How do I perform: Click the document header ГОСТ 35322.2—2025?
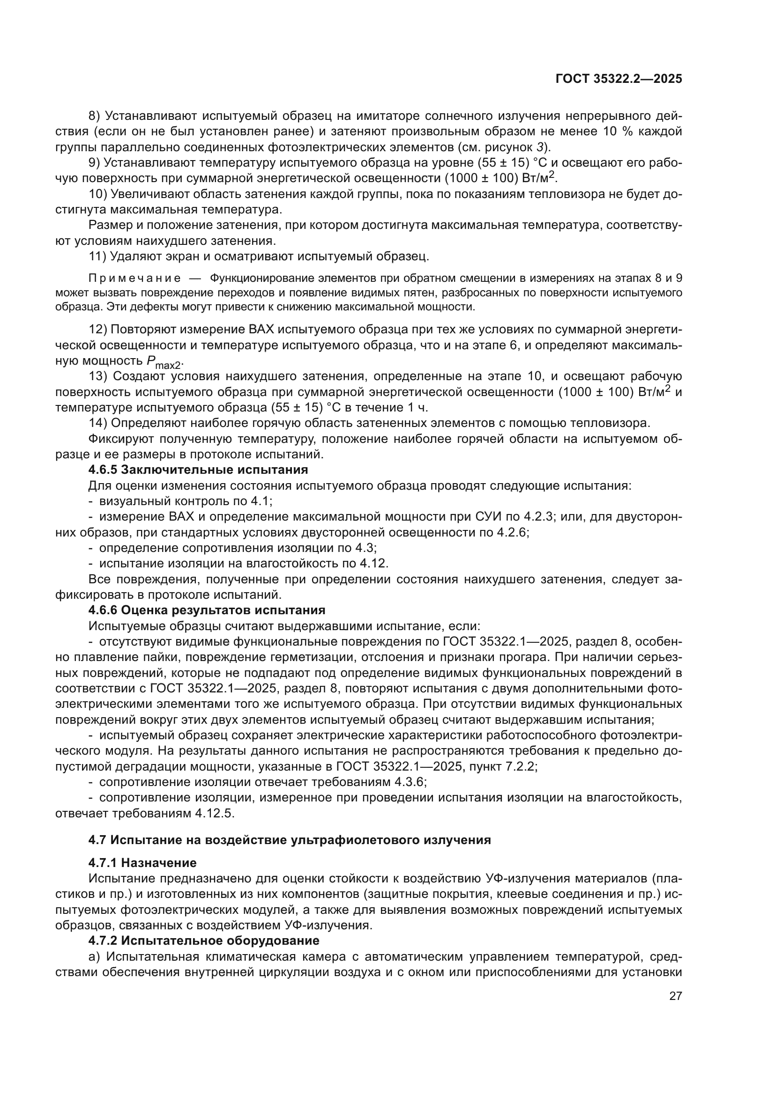(619, 79)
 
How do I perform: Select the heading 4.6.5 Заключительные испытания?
(198, 470)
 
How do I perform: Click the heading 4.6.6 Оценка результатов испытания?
(207, 610)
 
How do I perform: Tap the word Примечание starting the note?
(134, 278)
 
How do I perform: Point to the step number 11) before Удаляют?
(97, 256)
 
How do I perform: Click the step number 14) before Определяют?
(97, 423)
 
